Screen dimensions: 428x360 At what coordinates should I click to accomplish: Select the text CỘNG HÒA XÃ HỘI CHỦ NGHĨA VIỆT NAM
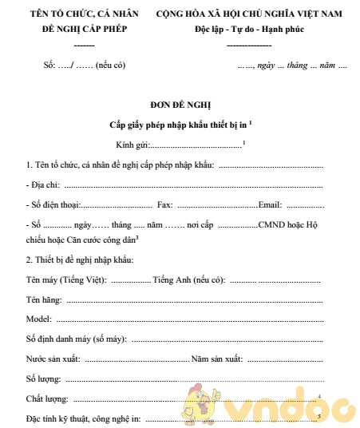(248, 14)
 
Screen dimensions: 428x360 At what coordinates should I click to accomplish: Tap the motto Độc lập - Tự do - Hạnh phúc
(248, 30)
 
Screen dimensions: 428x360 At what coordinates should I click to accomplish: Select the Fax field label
(164, 204)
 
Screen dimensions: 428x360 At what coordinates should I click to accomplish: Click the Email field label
(270, 204)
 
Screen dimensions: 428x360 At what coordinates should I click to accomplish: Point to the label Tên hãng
(45, 299)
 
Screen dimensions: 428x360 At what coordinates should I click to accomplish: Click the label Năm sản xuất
(216, 358)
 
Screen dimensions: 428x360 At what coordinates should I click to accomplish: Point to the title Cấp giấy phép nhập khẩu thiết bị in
(179, 125)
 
